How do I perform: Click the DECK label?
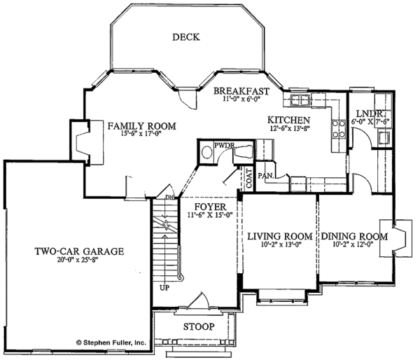187,38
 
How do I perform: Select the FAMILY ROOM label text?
141,126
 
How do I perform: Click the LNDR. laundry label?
368,113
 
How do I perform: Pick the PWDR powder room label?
224,146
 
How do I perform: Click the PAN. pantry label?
265,175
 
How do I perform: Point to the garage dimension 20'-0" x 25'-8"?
80,262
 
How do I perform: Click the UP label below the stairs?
164,288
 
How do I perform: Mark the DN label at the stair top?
169,198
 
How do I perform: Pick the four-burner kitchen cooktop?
338,127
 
